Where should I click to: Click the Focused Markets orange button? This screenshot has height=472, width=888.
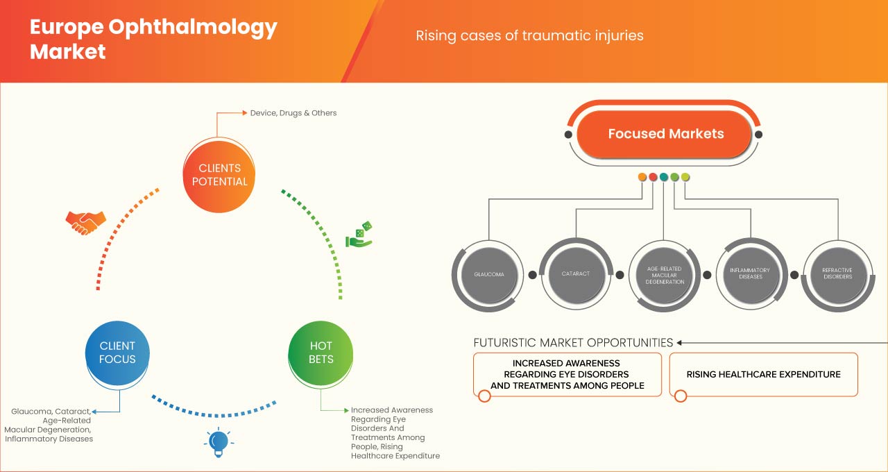point(665,134)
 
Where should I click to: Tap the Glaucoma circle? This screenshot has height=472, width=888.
point(488,274)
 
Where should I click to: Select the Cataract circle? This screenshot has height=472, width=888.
point(575,274)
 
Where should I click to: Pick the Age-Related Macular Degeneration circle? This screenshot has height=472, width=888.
point(664,275)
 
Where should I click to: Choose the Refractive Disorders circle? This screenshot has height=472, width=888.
point(837,274)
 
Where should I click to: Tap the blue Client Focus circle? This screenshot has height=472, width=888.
point(117,353)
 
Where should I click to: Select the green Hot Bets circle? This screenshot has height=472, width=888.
point(321,353)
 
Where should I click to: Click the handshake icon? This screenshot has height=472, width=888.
point(85,222)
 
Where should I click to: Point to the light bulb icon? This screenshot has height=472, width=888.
point(219,442)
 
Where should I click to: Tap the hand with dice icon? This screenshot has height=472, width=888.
point(359,235)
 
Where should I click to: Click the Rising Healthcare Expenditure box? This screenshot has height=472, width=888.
point(763,375)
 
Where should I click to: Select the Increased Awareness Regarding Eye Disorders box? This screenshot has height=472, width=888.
point(567,375)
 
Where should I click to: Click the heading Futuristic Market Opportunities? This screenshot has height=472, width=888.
point(573,342)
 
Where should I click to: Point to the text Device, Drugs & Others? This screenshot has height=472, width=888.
point(293,112)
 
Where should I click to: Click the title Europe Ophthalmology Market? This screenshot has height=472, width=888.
point(153,39)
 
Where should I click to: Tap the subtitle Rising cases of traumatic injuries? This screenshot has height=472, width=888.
point(529,35)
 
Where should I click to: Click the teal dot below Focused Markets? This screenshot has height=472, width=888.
point(664,177)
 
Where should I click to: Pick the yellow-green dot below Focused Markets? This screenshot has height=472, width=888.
point(685,177)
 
